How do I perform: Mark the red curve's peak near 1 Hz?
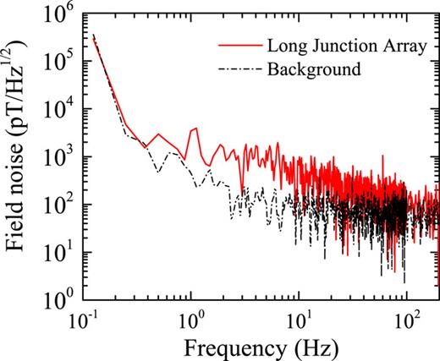coord(195,129)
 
